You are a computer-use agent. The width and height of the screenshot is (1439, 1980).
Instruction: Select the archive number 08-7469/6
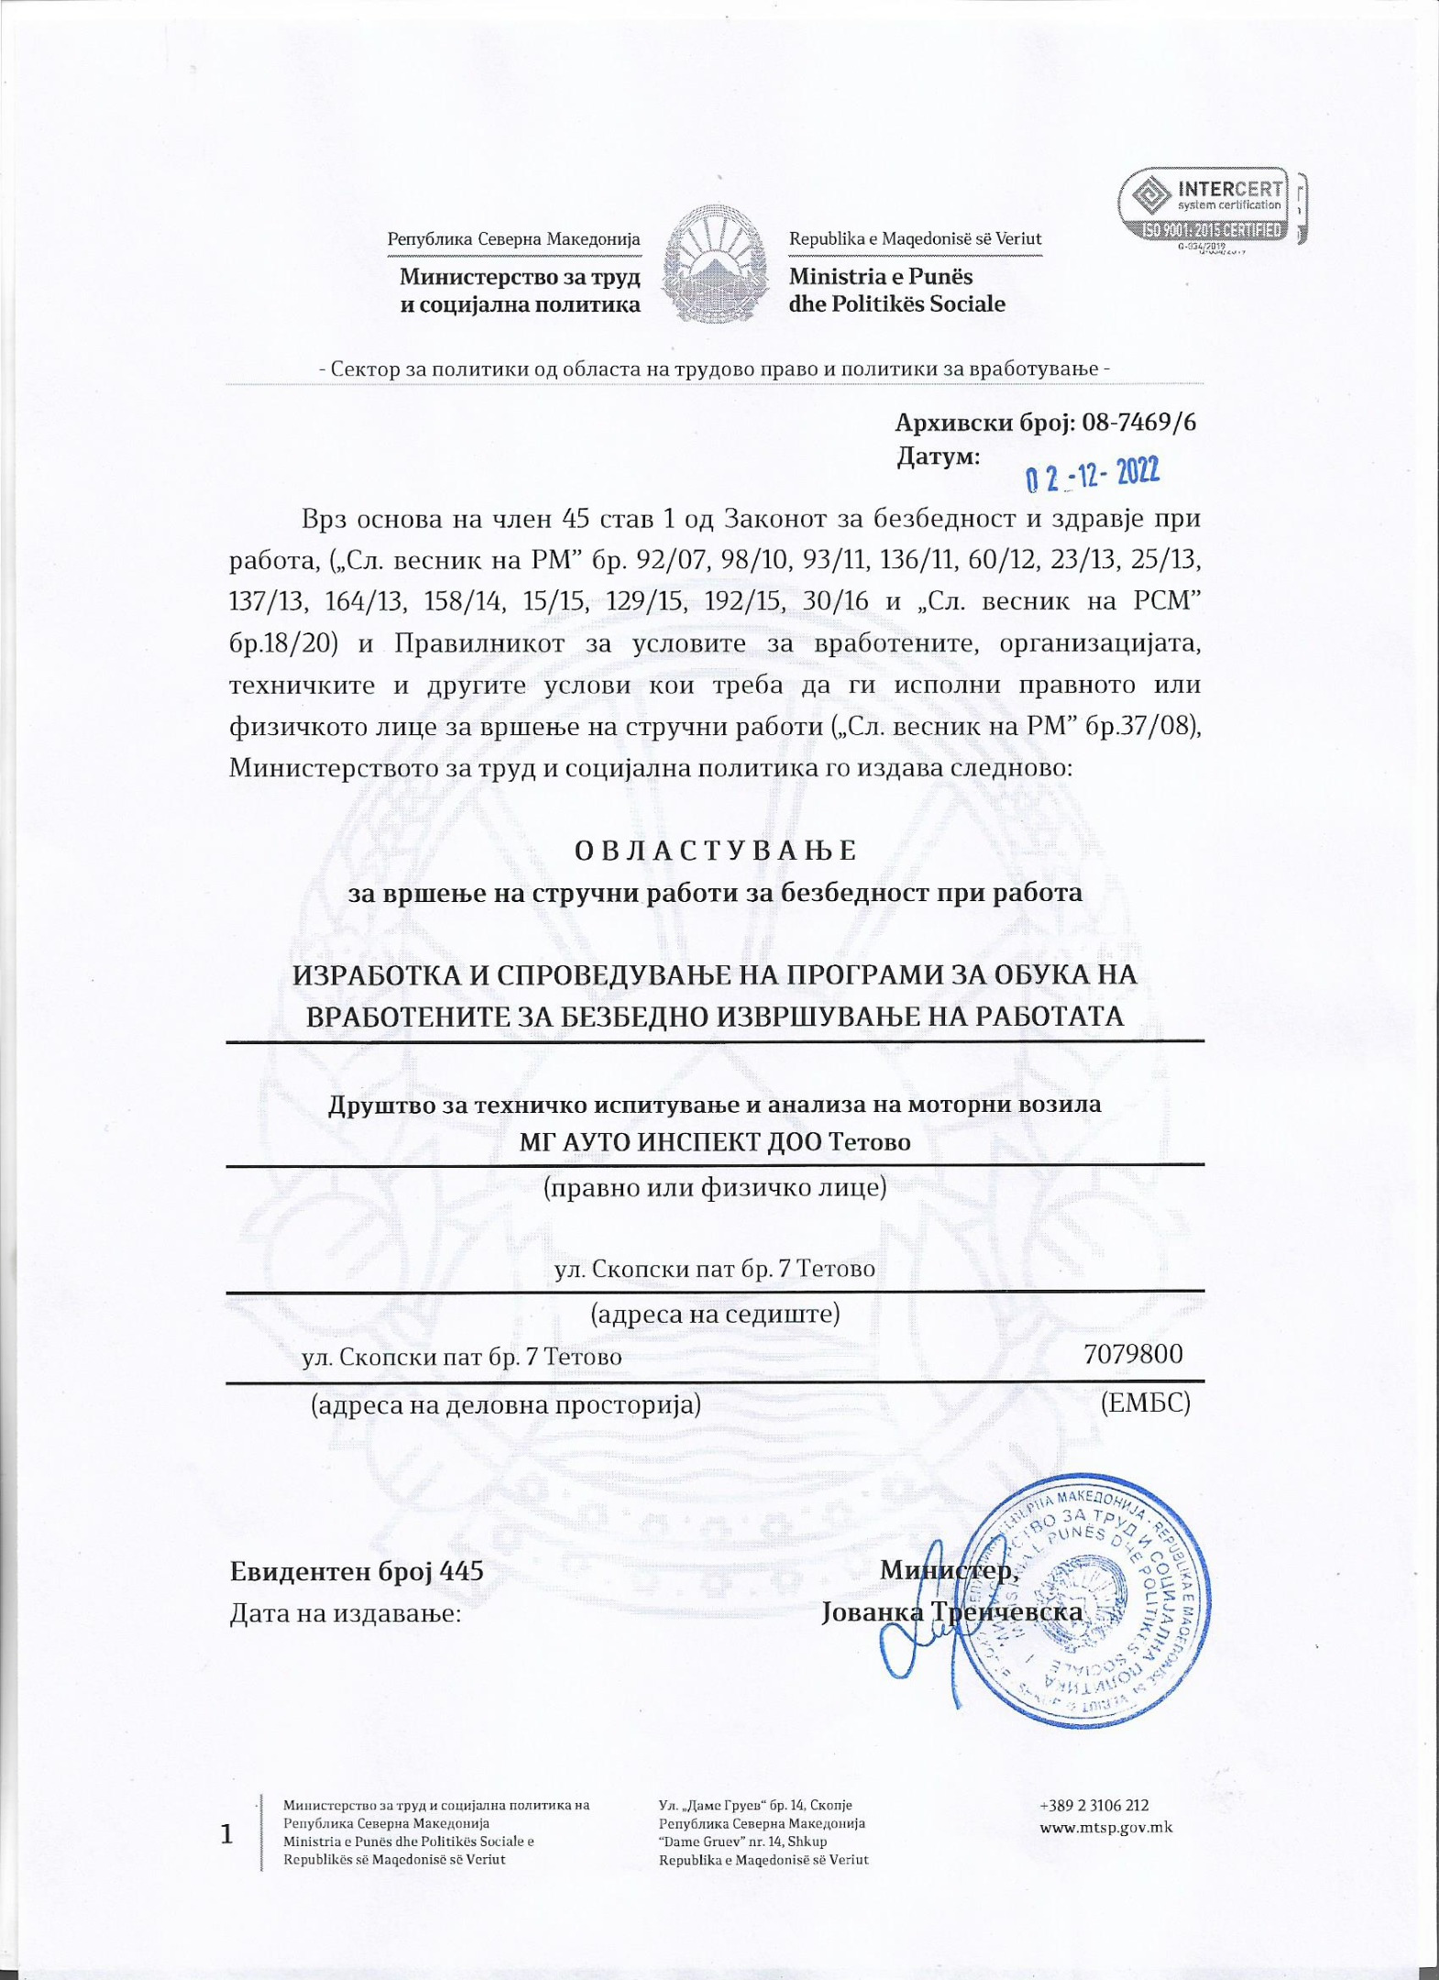pyautogui.click(x=1138, y=423)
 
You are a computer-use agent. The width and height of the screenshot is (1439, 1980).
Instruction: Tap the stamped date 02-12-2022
pyautogui.click(x=1092, y=474)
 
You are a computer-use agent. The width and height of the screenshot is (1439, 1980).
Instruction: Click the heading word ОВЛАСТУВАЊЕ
pyautogui.click(x=715, y=851)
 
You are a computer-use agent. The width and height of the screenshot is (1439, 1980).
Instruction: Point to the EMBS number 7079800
pyautogui.click(x=1133, y=1354)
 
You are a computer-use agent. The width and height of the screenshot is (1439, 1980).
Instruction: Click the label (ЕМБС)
pyautogui.click(x=1146, y=1402)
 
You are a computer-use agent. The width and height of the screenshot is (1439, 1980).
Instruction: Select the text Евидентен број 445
pyautogui.click(x=356, y=1571)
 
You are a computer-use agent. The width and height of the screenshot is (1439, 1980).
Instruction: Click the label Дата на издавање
pyautogui.click(x=345, y=1612)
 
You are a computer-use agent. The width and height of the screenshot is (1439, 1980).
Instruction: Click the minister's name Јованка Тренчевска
pyautogui.click(x=953, y=1612)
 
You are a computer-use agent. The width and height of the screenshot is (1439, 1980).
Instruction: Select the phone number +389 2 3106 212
pyautogui.click(x=1094, y=1805)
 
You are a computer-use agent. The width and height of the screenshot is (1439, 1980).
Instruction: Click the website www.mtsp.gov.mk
pyautogui.click(x=1105, y=1827)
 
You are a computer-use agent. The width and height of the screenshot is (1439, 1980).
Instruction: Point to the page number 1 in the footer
pyautogui.click(x=226, y=1834)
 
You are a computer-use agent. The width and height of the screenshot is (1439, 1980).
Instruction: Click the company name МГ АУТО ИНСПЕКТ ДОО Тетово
pyautogui.click(x=715, y=1143)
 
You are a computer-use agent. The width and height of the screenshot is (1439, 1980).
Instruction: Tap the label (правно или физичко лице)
pyautogui.click(x=715, y=1189)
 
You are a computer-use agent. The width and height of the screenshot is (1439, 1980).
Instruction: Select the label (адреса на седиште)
pyautogui.click(x=715, y=1314)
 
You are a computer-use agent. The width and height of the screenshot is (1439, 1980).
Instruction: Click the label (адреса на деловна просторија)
pyautogui.click(x=506, y=1404)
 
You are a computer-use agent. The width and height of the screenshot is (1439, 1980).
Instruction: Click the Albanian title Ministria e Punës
pyautogui.click(x=880, y=276)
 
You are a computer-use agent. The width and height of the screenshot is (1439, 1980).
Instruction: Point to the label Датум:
pyautogui.click(x=938, y=456)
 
